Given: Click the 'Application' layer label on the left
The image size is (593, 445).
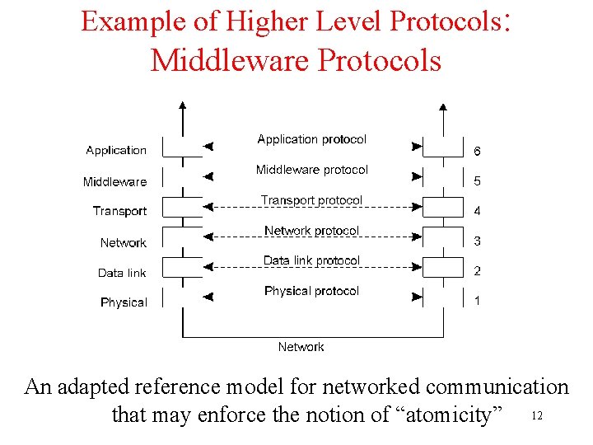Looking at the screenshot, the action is pyautogui.click(x=116, y=151).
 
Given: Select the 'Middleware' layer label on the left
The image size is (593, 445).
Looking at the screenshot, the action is pyautogui.click(x=114, y=181).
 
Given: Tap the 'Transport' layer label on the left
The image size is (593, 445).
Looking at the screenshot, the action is pyautogui.click(x=119, y=212).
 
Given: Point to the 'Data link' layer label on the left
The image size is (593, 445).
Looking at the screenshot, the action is pyautogui.click(x=122, y=273).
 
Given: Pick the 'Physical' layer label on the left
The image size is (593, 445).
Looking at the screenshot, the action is pyautogui.click(x=124, y=302).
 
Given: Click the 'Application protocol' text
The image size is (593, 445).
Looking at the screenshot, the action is pyautogui.click(x=311, y=139).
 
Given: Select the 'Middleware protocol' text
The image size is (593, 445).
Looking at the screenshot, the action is pyautogui.click(x=311, y=170).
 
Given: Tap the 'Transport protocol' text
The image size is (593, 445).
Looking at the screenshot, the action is pyautogui.click(x=311, y=200).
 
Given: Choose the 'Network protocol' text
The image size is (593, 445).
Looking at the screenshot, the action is pyautogui.click(x=311, y=231).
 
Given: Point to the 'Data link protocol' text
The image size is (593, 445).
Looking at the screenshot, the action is pyautogui.click(x=311, y=260).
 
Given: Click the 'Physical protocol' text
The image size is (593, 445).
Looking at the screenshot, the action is pyautogui.click(x=311, y=291).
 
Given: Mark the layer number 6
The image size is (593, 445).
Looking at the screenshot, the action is pyautogui.click(x=477, y=152).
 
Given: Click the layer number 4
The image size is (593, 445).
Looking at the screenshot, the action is pyautogui.click(x=477, y=211).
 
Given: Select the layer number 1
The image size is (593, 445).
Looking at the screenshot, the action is pyautogui.click(x=477, y=301).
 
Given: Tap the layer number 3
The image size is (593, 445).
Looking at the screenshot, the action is pyautogui.click(x=477, y=241).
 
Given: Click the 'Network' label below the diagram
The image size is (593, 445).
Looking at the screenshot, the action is pyautogui.click(x=301, y=347).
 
